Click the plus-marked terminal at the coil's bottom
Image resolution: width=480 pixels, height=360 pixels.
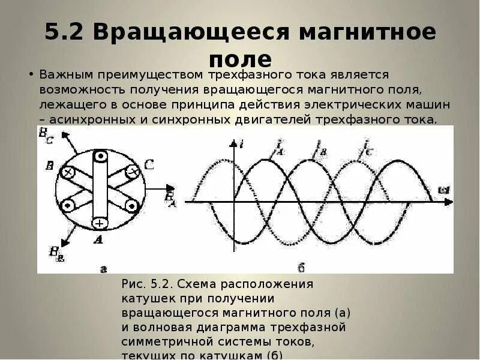(x=100, y=223)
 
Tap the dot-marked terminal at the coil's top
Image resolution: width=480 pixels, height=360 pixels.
(x=100, y=157)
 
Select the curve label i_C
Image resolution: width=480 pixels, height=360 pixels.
(x=366, y=147)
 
